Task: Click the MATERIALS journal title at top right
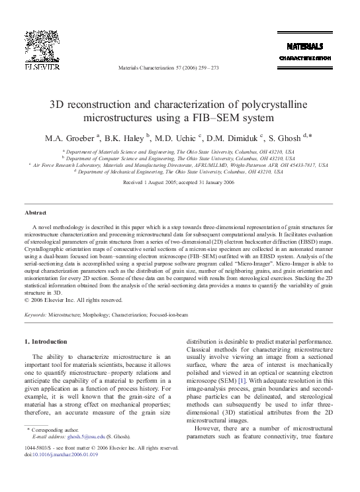pos(304,47)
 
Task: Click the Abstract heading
pos(35,213)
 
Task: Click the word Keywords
pos(36,316)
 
